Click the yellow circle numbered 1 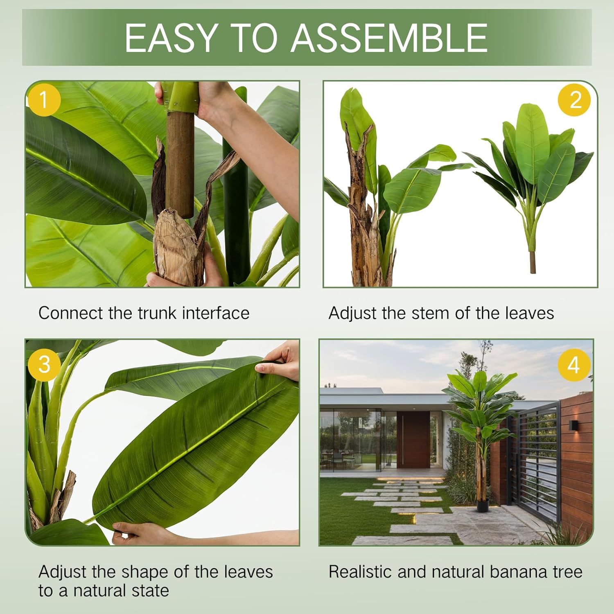click(44, 100)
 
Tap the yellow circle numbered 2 click(575, 100)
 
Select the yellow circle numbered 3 click(44, 364)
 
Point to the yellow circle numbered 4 click(574, 364)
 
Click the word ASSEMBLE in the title click(389, 38)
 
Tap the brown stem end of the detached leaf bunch click(533, 262)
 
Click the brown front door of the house click(413, 440)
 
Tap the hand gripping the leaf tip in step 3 click(280, 360)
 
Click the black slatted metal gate click(536, 458)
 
